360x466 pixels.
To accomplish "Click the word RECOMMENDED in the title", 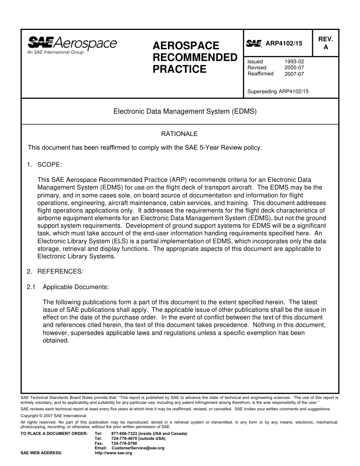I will coord(195,58).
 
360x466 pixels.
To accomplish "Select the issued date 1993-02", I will coord(294,61).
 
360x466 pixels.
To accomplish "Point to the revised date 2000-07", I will coord(294,67).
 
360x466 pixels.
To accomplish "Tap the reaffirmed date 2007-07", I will coord(294,74).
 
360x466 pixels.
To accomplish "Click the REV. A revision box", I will coord(326,43).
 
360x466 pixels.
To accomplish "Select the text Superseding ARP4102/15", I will coord(278,91).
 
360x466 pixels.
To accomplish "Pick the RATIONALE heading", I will coord(179,134).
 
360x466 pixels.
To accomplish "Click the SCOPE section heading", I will coord(49,165).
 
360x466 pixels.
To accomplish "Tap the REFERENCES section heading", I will coord(60,271).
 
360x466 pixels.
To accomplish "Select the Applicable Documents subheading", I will coord(76,287).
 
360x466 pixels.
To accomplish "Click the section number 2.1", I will coord(31,287).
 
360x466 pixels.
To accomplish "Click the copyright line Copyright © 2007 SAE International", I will coord(53,416).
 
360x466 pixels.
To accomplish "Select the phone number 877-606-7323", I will coord(125,433).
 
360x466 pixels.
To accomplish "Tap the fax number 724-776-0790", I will coord(124,443).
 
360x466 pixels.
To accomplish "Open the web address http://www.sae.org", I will coord(113,453).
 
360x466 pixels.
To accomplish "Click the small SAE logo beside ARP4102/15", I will coord(254,44).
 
